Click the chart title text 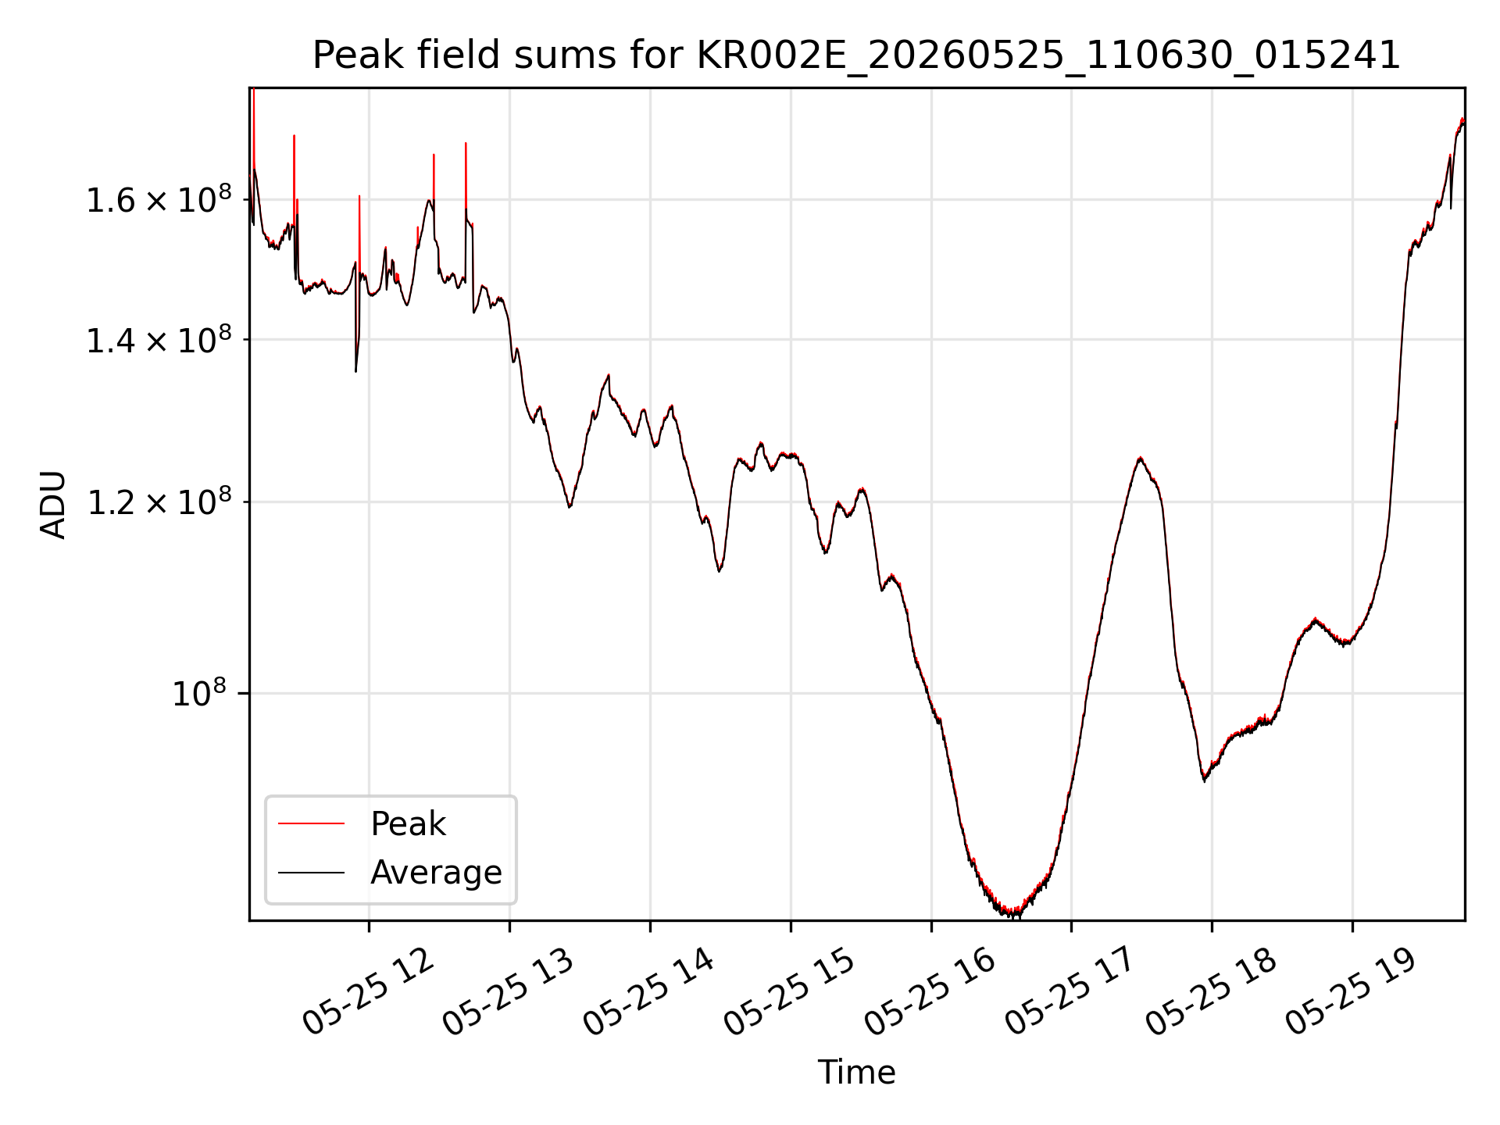[x=856, y=55]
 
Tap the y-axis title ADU [x=53, y=505]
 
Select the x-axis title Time [x=856, y=1073]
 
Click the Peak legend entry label [x=408, y=824]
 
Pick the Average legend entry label [x=436, y=873]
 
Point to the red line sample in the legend [x=311, y=823]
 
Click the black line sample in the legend [x=311, y=872]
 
